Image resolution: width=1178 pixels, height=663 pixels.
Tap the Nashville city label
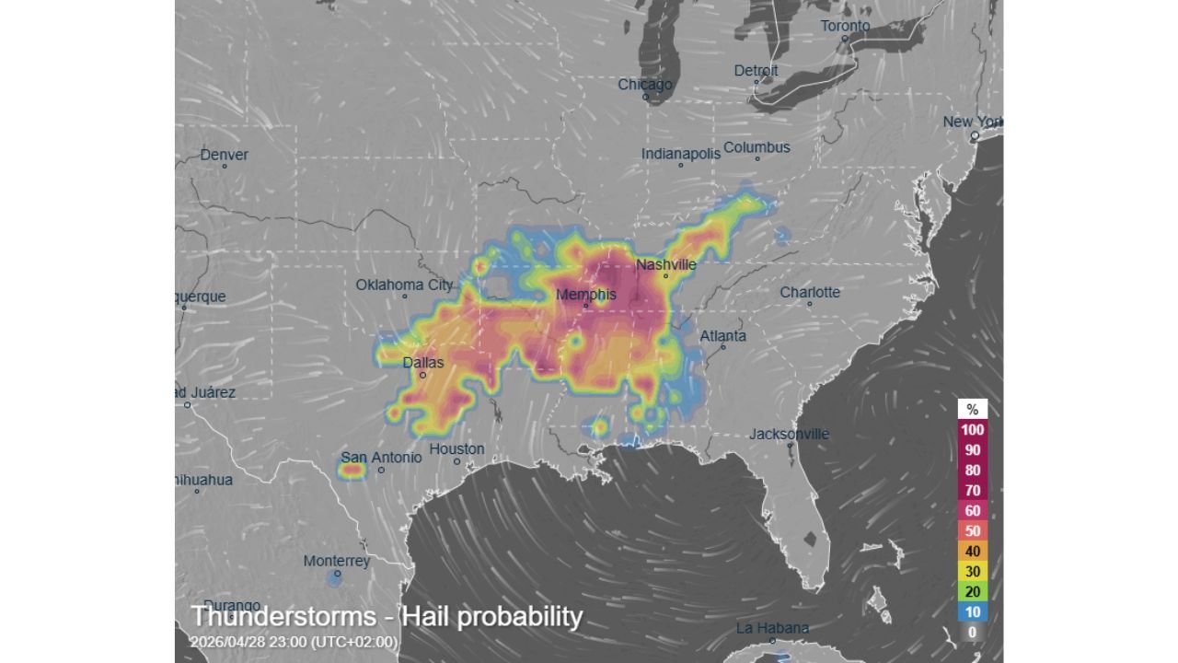(x=665, y=265)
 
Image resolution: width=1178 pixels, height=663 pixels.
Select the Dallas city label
(x=423, y=363)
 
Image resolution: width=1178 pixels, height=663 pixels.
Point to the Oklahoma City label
(x=404, y=285)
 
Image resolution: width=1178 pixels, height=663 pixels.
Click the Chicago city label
(x=644, y=85)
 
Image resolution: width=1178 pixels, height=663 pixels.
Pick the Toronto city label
(x=845, y=26)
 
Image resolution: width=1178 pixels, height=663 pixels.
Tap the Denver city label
(x=225, y=155)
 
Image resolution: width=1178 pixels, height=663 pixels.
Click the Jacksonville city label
(x=789, y=434)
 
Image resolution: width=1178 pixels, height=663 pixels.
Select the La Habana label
(x=772, y=628)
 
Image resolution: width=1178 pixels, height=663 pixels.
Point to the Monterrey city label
(x=337, y=561)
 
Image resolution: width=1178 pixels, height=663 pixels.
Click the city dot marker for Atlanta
(x=723, y=347)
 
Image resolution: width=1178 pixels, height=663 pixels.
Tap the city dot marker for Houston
(x=456, y=461)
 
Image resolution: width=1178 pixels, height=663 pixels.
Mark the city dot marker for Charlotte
(x=810, y=304)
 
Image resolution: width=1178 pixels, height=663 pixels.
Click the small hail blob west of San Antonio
(x=352, y=471)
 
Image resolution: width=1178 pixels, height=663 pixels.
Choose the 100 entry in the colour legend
(x=973, y=430)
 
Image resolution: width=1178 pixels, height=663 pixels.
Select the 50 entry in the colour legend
(x=973, y=531)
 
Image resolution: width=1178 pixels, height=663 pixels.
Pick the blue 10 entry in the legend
(x=973, y=612)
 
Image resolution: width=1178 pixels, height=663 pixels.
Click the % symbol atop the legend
(x=973, y=410)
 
